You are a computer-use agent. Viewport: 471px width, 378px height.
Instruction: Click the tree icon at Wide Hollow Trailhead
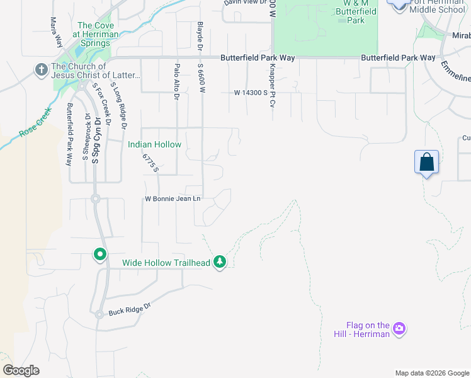click(x=219, y=261)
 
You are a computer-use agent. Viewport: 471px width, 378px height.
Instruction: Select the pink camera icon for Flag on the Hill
click(x=398, y=328)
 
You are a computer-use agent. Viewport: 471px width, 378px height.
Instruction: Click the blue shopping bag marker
click(x=426, y=162)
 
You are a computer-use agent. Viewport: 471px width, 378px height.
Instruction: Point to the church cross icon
click(x=42, y=69)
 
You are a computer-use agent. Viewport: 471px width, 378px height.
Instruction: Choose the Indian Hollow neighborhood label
click(x=154, y=145)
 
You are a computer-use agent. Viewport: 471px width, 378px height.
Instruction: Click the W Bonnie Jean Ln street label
click(x=172, y=199)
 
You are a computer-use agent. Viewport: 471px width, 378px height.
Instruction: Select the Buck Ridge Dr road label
click(x=130, y=309)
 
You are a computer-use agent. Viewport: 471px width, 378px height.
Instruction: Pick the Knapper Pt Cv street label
click(x=273, y=84)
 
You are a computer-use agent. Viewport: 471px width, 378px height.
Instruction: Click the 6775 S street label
click(x=150, y=163)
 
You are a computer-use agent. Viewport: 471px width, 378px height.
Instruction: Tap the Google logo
click(x=21, y=370)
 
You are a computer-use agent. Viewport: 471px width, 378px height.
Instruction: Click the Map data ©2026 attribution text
click(x=431, y=373)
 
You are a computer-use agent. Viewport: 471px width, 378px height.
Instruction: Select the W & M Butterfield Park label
click(x=356, y=12)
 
